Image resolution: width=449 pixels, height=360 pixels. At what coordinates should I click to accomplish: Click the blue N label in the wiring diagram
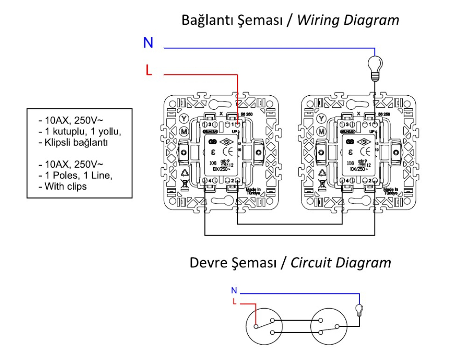(x=148, y=43)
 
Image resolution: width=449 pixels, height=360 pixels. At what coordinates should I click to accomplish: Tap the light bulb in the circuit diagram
(x=359, y=310)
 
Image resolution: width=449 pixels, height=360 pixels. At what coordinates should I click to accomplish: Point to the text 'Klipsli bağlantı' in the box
(x=75, y=142)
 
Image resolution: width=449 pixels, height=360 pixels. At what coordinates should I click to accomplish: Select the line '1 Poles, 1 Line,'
(x=76, y=175)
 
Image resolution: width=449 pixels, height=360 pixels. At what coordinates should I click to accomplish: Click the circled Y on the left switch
(x=183, y=119)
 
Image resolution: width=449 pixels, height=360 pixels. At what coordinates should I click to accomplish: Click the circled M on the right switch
(x=321, y=132)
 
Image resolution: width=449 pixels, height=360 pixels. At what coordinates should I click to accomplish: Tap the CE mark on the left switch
(x=227, y=152)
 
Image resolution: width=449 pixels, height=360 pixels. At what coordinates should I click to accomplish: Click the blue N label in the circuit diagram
(x=234, y=290)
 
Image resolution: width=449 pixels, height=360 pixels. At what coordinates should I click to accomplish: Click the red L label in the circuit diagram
(x=234, y=301)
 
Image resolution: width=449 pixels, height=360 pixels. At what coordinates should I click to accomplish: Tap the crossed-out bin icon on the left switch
(x=184, y=183)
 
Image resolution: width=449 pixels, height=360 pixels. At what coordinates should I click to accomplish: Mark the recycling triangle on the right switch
(x=322, y=172)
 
